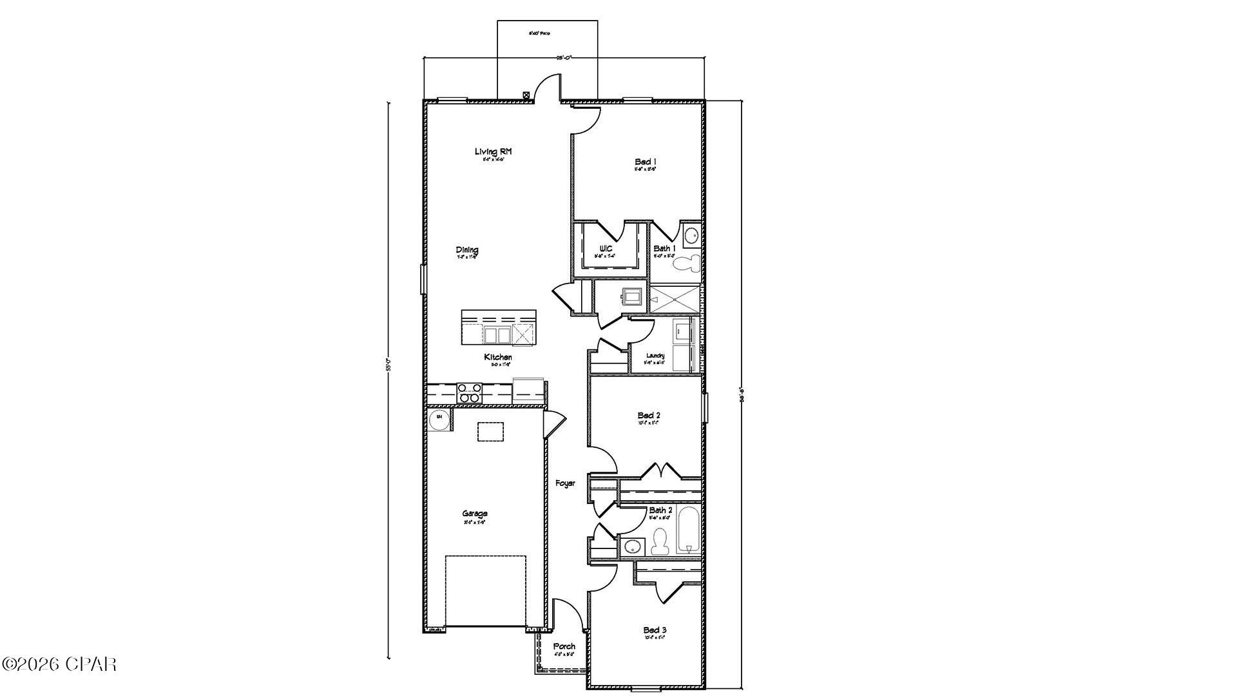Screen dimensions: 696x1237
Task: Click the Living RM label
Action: click(x=493, y=151)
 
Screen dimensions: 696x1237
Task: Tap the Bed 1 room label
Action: click(x=645, y=162)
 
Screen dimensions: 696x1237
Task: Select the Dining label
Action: click(x=467, y=250)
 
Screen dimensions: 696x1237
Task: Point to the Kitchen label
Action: click(x=498, y=357)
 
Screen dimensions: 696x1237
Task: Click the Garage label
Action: click(x=474, y=514)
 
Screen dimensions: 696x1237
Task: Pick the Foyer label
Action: click(x=565, y=483)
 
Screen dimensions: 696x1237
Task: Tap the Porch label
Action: click(x=564, y=646)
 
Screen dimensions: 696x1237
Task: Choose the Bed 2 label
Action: click(x=648, y=416)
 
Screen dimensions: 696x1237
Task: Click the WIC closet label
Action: click(x=606, y=249)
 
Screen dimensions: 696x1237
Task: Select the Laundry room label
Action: click(x=655, y=356)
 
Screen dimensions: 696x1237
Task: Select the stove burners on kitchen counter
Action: click(x=468, y=392)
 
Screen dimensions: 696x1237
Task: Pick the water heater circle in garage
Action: click(x=439, y=418)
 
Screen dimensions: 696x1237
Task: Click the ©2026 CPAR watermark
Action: click(x=59, y=664)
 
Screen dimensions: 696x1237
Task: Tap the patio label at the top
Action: click(x=539, y=33)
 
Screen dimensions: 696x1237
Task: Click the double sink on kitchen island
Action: click(x=496, y=335)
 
